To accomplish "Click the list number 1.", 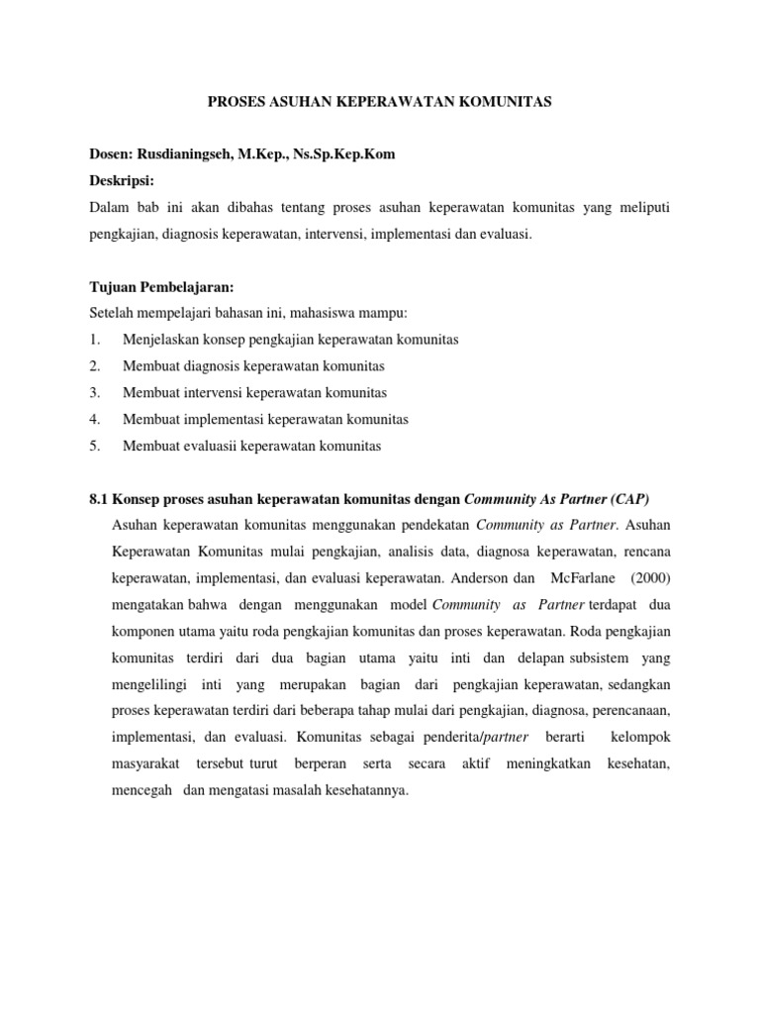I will [93, 340].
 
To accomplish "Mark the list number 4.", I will [93, 420].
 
